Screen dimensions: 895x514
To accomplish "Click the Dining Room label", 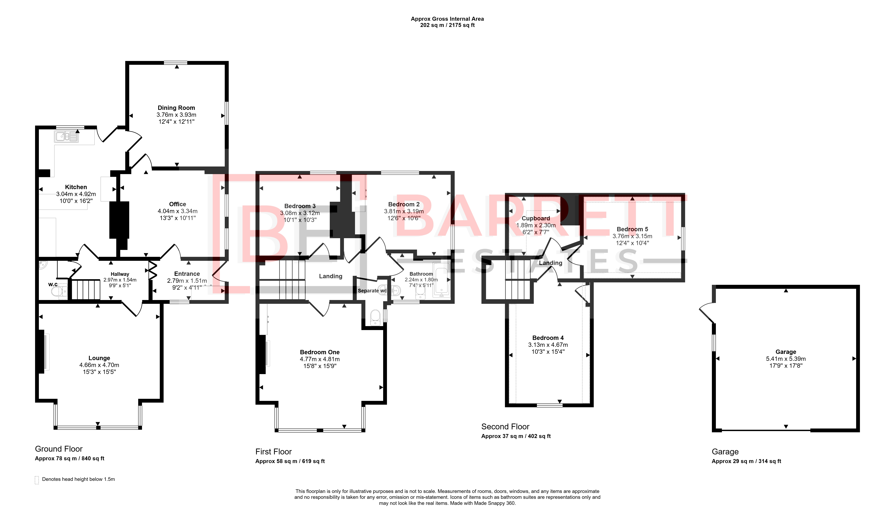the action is pyautogui.click(x=176, y=108).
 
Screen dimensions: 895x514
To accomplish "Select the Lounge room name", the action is pyautogui.click(x=99, y=358).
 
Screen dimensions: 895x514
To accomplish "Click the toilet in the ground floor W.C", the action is pyautogui.click(x=59, y=291).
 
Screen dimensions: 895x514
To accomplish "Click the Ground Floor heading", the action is pyautogui.click(x=59, y=449).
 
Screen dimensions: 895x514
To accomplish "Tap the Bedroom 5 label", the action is pyautogui.click(x=632, y=229).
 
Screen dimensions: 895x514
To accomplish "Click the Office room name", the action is pyautogui.click(x=178, y=204).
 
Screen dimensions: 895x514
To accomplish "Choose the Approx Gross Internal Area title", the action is pyautogui.click(x=447, y=19).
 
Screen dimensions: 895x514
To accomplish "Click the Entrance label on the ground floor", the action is pyautogui.click(x=187, y=274).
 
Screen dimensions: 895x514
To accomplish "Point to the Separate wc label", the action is pyautogui.click(x=372, y=291).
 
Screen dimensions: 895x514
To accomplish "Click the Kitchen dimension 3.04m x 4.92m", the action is pyautogui.click(x=76, y=194).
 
